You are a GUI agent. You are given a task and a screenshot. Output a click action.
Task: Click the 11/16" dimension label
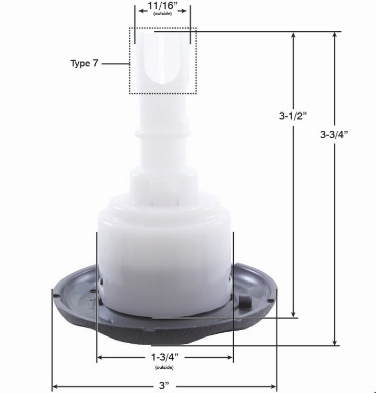(162, 6)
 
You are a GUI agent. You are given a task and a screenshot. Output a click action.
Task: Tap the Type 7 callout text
(84, 63)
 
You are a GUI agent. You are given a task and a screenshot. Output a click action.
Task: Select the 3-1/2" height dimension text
(293, 116)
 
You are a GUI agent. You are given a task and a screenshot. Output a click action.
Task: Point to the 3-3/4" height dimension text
(334, 135)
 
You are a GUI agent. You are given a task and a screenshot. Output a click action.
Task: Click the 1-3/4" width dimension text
(165, 357)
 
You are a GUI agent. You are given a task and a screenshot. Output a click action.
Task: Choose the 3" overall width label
(164, 385)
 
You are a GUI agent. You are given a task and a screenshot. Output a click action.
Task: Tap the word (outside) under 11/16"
(162, 14)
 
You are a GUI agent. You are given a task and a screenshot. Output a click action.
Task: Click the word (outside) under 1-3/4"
(164, 367)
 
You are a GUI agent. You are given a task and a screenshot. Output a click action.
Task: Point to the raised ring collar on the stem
(163, 133)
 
